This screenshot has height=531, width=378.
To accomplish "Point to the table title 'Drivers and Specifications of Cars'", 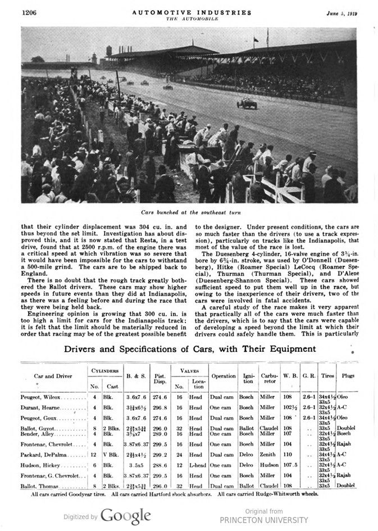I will point(189,349).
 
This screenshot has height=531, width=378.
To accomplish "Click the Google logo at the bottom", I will point(125,516).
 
